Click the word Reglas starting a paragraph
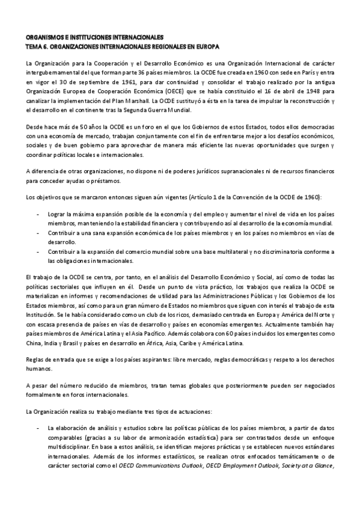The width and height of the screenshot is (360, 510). point(36,359)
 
